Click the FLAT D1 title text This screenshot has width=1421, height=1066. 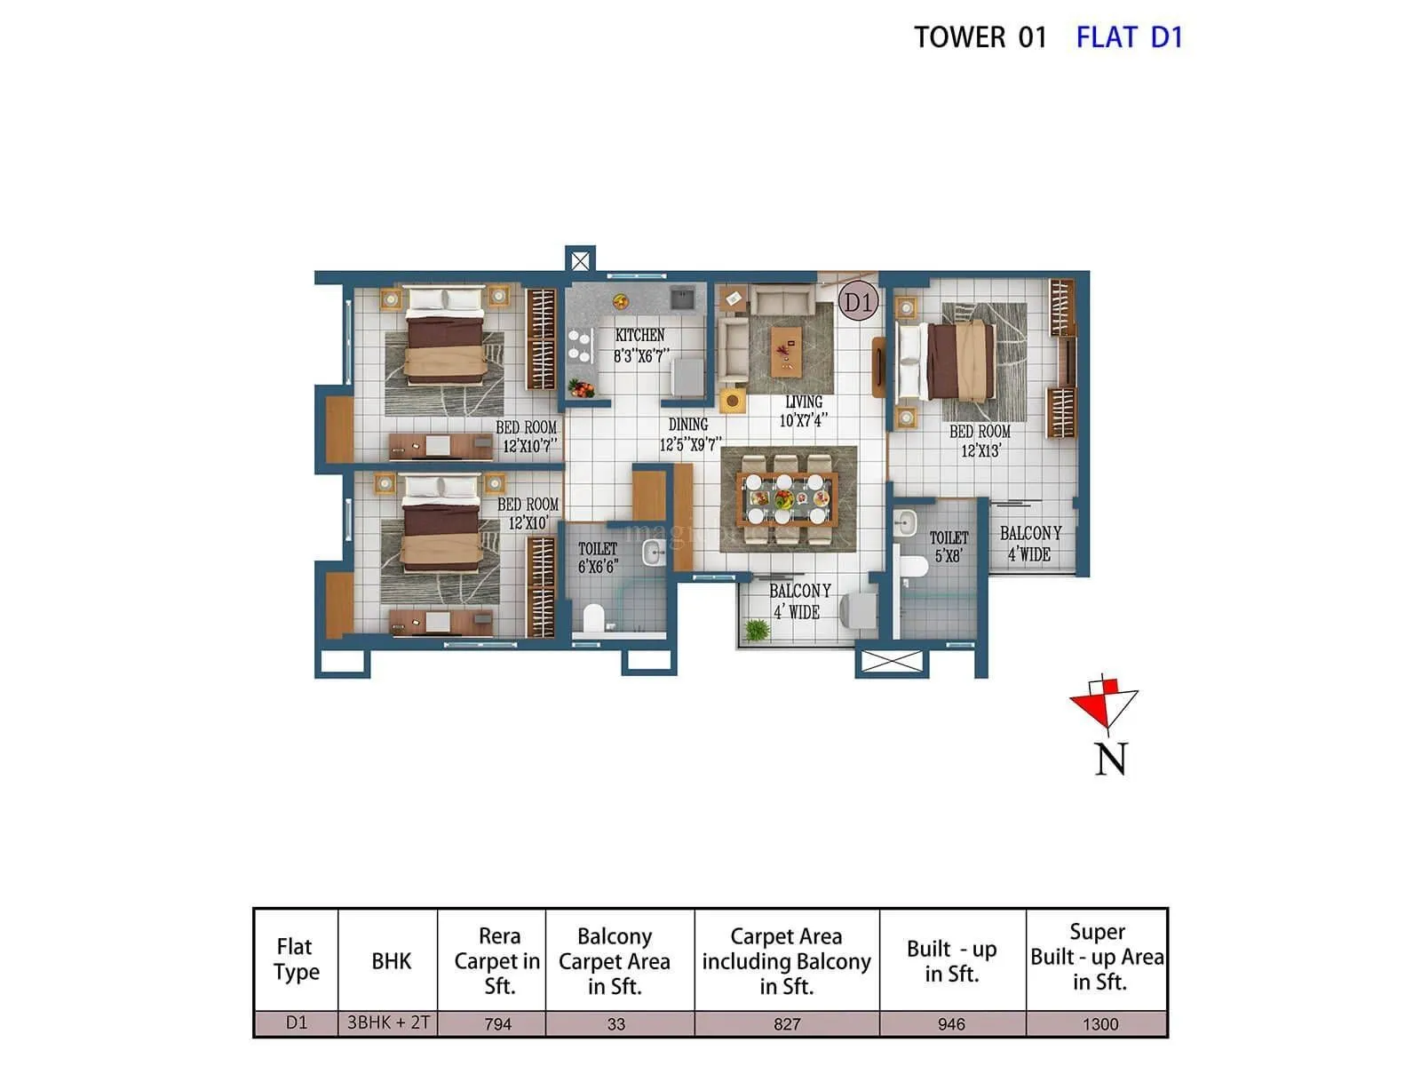tap(1129, 37)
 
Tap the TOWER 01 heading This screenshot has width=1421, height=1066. tap(980, 37)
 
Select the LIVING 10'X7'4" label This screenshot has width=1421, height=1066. tap(803, 411)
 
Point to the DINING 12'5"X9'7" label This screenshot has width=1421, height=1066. tap(689, 434)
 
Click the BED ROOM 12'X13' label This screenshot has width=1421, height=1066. tap(980, 441)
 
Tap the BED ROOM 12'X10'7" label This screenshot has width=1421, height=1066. tap(527, 436)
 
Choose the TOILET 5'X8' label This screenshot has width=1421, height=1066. tap(949, 546)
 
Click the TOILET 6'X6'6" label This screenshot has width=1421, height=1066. tap(598, 558)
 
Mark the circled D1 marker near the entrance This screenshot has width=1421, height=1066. tap(858, 302)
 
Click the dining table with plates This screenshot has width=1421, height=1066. tap(788, 500)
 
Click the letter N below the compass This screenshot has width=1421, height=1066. tap(1110, 760)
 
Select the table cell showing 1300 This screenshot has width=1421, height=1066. tap(1099, 1024)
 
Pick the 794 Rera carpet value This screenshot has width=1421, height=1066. tap(497, 1024)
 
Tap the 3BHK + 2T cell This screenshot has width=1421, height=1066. tap(388, 1022)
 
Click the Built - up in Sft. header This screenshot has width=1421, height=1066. tap(951, 961)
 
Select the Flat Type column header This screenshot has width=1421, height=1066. tap(296, 959)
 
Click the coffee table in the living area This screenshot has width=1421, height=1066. tap(786, 349)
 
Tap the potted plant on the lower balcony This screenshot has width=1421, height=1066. tap(757, 630)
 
